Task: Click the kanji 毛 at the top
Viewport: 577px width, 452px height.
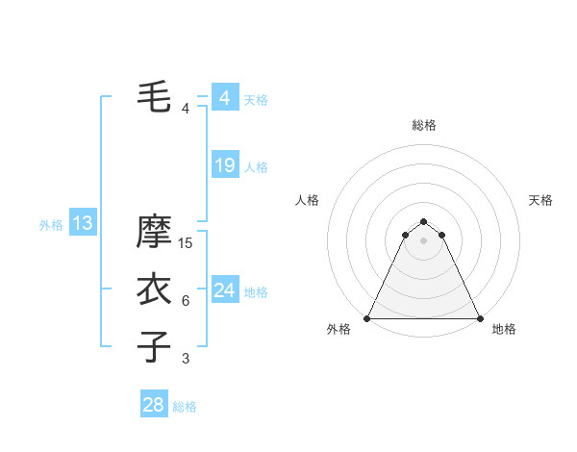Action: [x=155, y=96]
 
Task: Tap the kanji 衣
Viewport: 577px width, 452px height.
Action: [x=155, y=289]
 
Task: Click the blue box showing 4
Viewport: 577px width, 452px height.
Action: [x=225, y=98]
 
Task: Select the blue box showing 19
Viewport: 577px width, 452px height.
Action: [x=225, y=165]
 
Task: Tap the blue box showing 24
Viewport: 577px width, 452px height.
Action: [x=225, y=289]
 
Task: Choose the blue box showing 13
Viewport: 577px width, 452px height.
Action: [x=83, y=224]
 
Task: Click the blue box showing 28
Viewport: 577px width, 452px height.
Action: [x=154, y=405]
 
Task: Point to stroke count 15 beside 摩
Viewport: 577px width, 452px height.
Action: [x=187, y=243]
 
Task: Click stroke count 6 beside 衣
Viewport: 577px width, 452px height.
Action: [x=186, y=301]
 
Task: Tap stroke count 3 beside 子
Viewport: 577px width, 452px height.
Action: [x=186, y=359]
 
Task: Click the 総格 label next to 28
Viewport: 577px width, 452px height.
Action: [x=185, y=407]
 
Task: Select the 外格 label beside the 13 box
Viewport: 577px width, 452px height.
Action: [x=51, y=225]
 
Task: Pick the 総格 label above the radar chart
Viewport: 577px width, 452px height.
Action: [x=423, y=125]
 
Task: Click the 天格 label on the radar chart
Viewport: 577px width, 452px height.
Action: [x=540, y=200]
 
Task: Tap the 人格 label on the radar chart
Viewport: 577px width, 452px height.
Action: [x=307, y=200]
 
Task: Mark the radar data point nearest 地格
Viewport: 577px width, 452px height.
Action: [x=479, y=318]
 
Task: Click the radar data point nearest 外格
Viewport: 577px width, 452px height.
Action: [x=367, y=318]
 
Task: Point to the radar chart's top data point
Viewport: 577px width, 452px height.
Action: [x=423, y=222]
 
